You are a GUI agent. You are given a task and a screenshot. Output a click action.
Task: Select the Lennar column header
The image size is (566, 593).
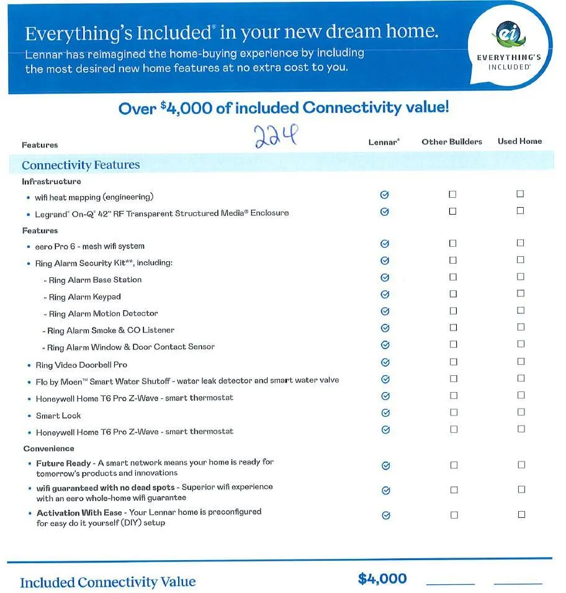pyautogui.click(x=384, y=142)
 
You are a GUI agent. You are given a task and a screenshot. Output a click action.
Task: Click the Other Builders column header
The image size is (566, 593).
pyautogui.click(x=452, y=141)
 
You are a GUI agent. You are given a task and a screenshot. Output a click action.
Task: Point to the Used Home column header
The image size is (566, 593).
pyautogui.click(x=519, y=141)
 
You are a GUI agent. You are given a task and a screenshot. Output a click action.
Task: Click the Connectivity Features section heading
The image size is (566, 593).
pyautogui.click(x=81, y=165)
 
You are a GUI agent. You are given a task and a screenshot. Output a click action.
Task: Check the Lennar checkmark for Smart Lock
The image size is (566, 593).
pyautogui.click(x=385, y=413)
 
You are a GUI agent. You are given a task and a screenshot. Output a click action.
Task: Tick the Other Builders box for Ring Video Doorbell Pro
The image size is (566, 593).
pyautogui.click(x=452, y=362)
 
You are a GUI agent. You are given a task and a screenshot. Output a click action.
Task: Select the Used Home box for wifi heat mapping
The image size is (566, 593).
pyautogui.click(x=520, y=194)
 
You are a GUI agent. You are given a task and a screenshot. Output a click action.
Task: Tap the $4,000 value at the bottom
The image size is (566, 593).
pyautogui.click(x=382, y=579)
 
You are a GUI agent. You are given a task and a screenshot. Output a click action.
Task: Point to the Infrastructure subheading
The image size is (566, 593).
pyautogui.click(x=52, y=182)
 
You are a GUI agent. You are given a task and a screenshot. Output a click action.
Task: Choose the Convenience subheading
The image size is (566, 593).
pyautogui.click(x=49, y=448)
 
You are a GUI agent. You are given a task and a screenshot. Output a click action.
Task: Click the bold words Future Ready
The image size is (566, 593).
pyautogui.click(x=59, y=463)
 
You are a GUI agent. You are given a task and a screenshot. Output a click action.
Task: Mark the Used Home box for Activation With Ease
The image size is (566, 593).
pyautogui.click(x=521, y=515)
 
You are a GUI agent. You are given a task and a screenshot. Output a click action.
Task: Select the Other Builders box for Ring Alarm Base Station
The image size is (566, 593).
pyautogui.click(x=452, y=277)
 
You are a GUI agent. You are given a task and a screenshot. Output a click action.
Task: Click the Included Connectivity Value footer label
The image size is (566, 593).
pyautogui.click(x=107, y=582)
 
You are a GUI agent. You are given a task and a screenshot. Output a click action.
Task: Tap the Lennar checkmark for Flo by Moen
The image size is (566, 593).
pyautogui.click(x=385, y=380)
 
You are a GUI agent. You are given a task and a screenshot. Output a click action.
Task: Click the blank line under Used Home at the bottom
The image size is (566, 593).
pyautogui.click(x=518, y=583)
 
